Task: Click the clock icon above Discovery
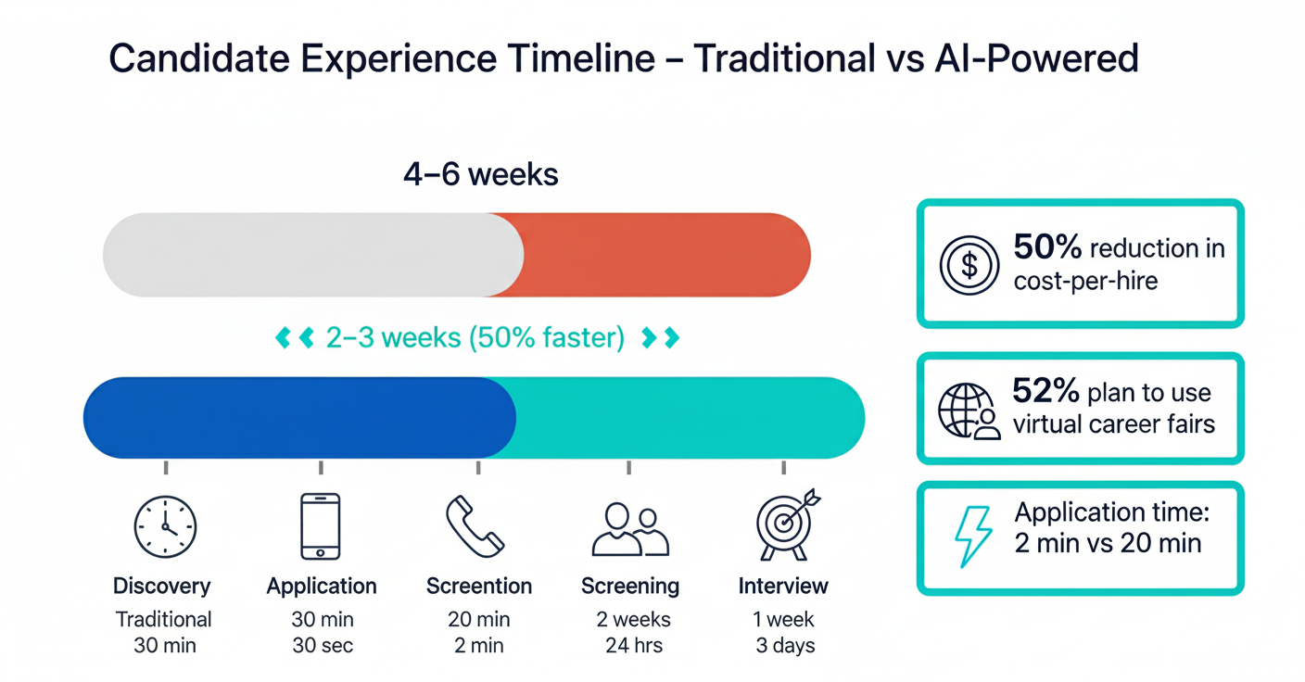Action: (x=166, y=527)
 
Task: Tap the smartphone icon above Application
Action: (x=321, y=526)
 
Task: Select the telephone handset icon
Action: (x=475, y=526)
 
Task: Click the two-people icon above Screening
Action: (x=630, y=529)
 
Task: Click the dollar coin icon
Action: (x=969, y=265)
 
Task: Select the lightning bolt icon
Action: (x=972, y=537)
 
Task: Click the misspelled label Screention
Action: (x=479, y=586)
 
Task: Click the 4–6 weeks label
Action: (x=481, y=174)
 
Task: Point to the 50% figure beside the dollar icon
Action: (x=1047, y=246)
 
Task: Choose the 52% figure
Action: (x=1045, y=390)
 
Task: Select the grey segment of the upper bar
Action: (x=313, y=255)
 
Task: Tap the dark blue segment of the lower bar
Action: (x=299, y=418)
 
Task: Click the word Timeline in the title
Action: (x=581, y=58)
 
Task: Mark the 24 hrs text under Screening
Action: (x=634, y=645)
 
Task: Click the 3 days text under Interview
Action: (x=785, y=645)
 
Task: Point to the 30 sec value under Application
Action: (x=323, y=645)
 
